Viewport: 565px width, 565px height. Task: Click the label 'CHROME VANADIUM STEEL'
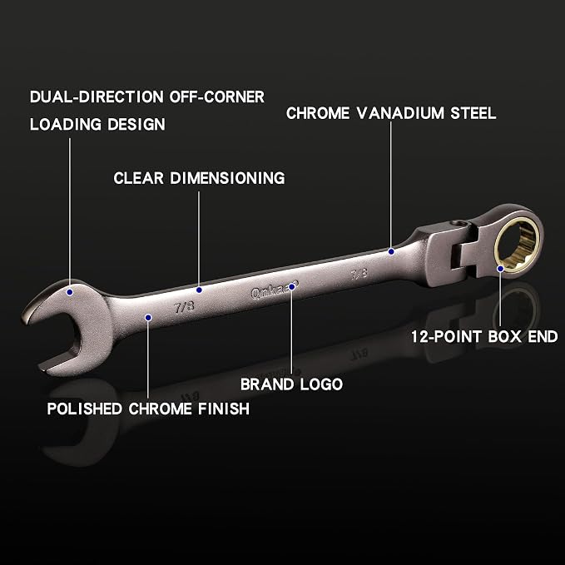click(391, 113)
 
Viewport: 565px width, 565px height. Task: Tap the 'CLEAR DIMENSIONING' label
click(199, 178)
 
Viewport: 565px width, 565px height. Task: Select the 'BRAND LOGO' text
click(291, 384)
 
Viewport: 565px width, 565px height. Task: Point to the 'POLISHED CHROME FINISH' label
click(148, 409)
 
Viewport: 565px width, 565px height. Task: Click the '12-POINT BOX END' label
click(484, 337)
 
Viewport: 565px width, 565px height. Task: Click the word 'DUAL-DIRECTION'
click(97, 97)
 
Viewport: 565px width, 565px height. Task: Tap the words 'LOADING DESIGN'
click(97, 124)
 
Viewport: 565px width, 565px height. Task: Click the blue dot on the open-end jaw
click(70, 292)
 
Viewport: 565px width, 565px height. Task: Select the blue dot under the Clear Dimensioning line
click(199, 290)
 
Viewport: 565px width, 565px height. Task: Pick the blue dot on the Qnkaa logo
click(292, 287)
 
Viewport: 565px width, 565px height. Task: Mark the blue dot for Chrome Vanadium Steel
click(391, 251)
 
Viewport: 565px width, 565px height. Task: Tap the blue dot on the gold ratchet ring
click(500, 269)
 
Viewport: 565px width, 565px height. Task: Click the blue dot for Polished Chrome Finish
click(148, 318)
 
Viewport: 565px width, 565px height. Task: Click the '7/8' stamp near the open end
click(184, 307)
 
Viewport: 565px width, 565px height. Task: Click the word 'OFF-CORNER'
click(217, 97)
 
